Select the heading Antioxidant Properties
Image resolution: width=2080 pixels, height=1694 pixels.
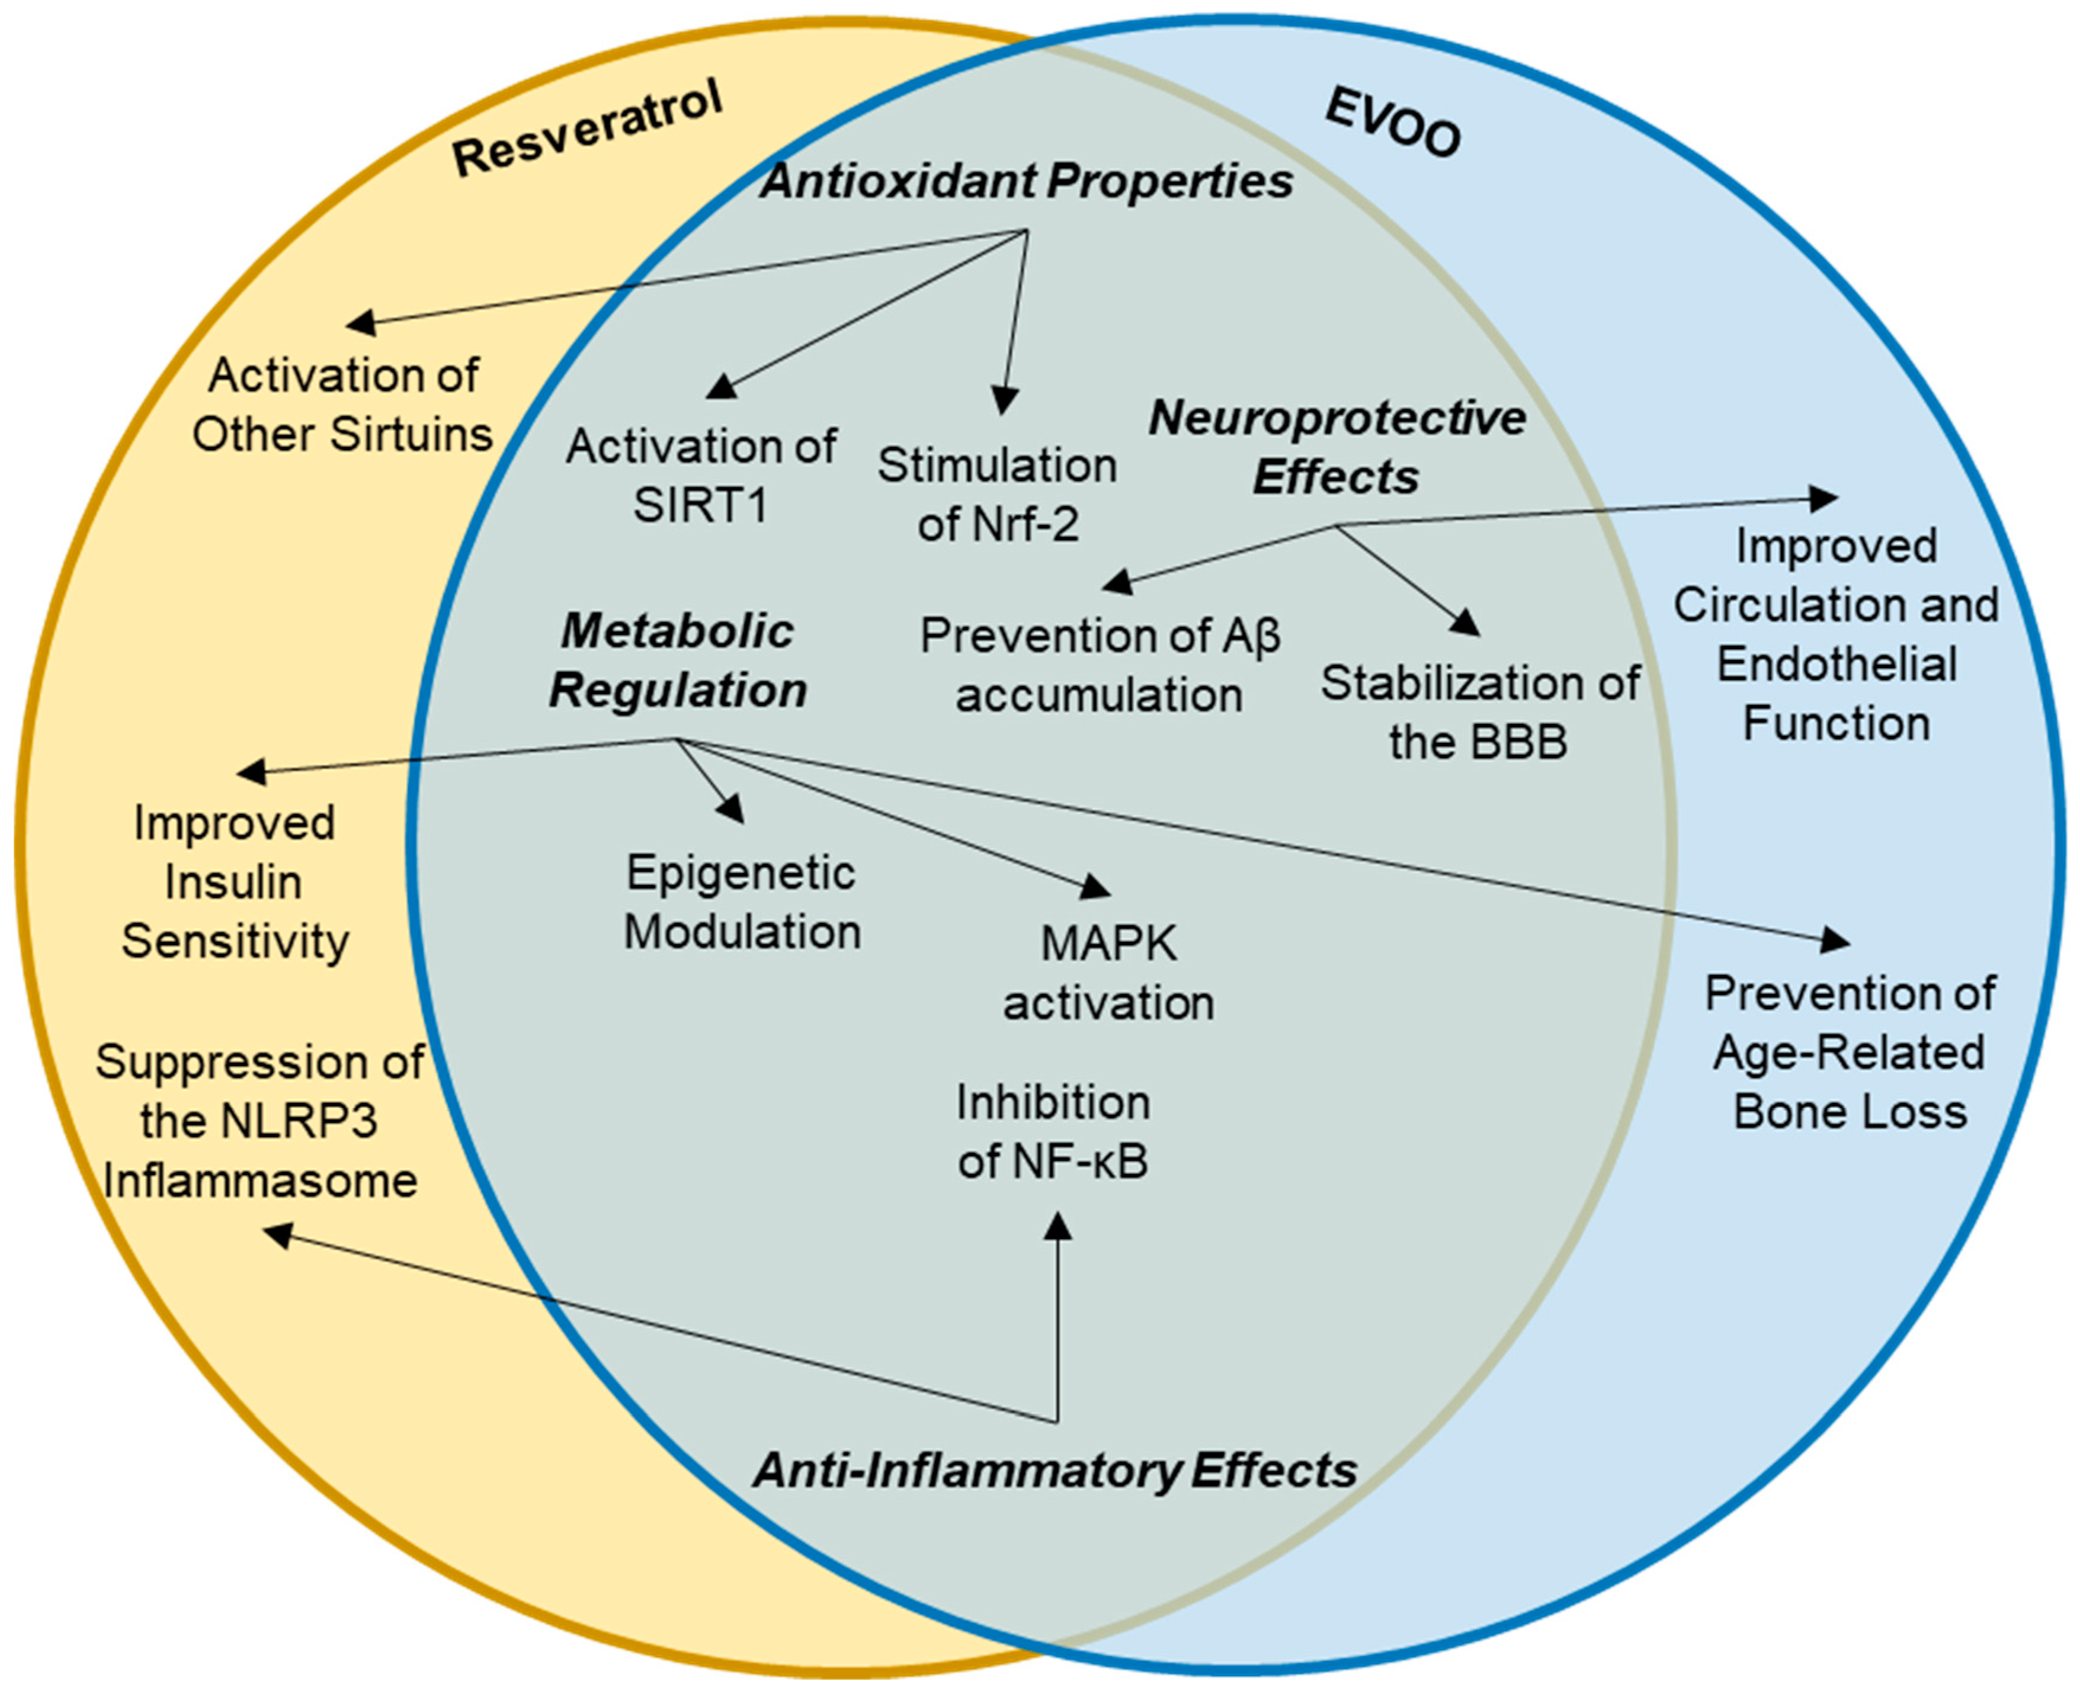coord(1027,181)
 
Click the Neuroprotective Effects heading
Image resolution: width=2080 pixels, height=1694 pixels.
coord(1337,448)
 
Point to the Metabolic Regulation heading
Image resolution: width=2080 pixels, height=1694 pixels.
coord(677,660)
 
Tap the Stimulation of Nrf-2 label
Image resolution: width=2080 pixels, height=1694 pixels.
coord(996,495)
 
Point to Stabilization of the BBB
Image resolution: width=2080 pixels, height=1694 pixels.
coord(1479,713)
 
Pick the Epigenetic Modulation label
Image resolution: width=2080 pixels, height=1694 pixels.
coord(742,901)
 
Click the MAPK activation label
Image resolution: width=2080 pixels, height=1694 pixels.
coord(1109,973)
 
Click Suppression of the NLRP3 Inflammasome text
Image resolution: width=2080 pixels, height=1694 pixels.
coord(259,1121)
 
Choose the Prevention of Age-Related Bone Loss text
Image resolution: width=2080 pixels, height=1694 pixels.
coord(1849,1053)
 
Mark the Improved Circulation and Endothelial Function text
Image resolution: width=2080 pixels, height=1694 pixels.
coord(1836,634)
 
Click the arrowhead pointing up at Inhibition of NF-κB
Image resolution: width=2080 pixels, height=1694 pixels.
coord(1057,1225)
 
